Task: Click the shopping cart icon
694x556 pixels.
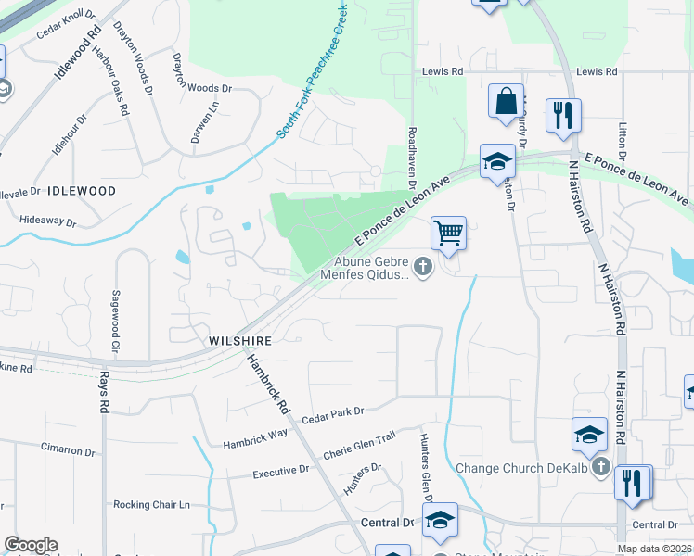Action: coord(448,232)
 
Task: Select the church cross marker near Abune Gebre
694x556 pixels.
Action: coord(423,268)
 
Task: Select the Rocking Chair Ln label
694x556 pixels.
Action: coord(151,505)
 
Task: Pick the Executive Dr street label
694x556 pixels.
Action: coord(281,473)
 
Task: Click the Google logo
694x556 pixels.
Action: coord(31,545)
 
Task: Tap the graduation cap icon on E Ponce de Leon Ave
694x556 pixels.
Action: coord(496,162)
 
